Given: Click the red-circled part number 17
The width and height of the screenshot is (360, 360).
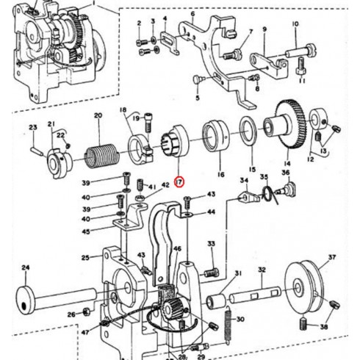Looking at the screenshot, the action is point(179,181).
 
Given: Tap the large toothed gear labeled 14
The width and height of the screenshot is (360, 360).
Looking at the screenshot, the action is point(287,124).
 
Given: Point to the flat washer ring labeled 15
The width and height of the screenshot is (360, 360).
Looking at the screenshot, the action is point(248,131).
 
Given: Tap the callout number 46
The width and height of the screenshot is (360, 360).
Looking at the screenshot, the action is point(177,249).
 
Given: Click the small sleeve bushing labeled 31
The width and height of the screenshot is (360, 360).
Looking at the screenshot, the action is point(217,301).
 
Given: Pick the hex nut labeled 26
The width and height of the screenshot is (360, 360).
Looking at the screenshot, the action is point(87,312).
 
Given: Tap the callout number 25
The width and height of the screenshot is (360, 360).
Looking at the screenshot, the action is point(85,258).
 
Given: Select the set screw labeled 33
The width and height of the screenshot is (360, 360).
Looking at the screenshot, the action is point(212,273).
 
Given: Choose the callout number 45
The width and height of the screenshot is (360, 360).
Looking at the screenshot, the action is point(86,231).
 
